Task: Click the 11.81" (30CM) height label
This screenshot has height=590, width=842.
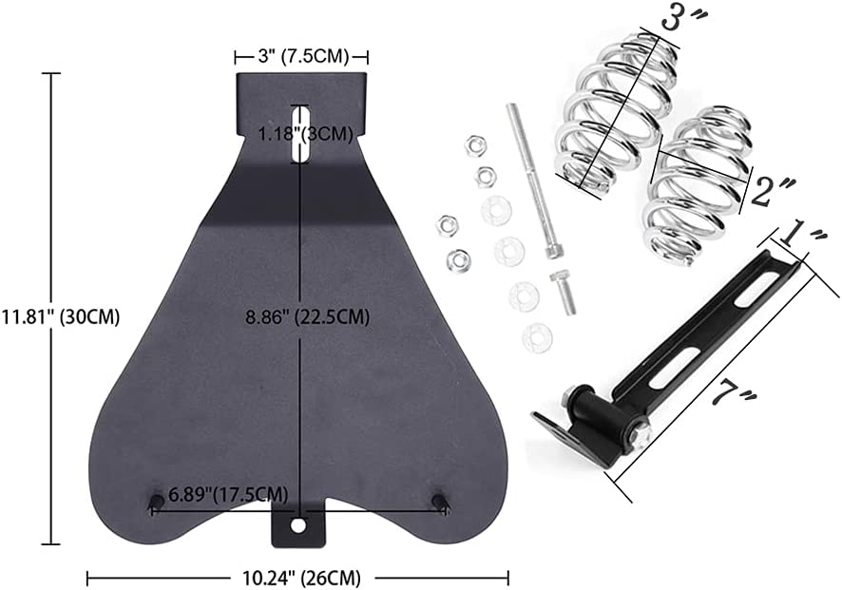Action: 60,316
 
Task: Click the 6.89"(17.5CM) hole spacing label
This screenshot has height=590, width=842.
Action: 228,493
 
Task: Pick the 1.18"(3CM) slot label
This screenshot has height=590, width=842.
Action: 305,134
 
